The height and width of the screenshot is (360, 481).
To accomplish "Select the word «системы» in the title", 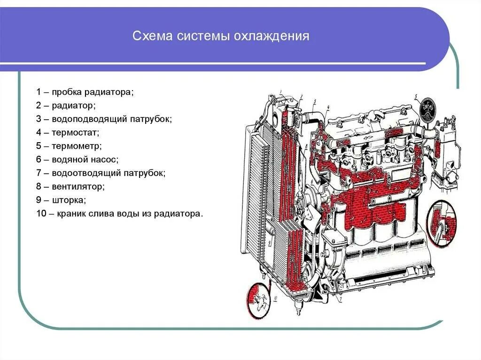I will (x=199, y=36).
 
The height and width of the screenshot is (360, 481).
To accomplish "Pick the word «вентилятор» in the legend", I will (x=78, y=186).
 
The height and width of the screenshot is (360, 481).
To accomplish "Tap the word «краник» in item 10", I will (x=71, y=214).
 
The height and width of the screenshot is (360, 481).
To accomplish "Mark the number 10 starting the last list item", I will (x=40, y=214).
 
